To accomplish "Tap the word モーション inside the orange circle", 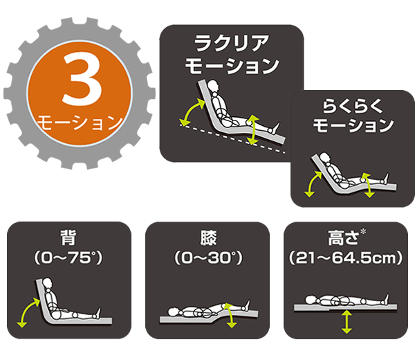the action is point(80,123).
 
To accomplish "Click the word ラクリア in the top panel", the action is point(232,44).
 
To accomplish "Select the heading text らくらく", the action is point(353,107).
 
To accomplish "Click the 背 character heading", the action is point(68,237).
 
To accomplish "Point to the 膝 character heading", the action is point(208,237).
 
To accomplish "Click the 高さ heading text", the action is point(343,237).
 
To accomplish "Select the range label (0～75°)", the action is point(68,258).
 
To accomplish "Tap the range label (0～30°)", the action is point(208,258).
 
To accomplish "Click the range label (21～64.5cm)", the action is point(346,258).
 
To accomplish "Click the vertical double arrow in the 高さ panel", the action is point(347,322).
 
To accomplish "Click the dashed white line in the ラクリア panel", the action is point(232,138).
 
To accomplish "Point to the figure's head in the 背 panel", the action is point(48,283).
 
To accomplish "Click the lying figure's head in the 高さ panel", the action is point(311,300).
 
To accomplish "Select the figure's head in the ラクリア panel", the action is point(213,85).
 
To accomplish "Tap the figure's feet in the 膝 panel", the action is point(247,305).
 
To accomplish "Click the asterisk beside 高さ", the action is point(363,231).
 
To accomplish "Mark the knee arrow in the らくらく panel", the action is point(367,185).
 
